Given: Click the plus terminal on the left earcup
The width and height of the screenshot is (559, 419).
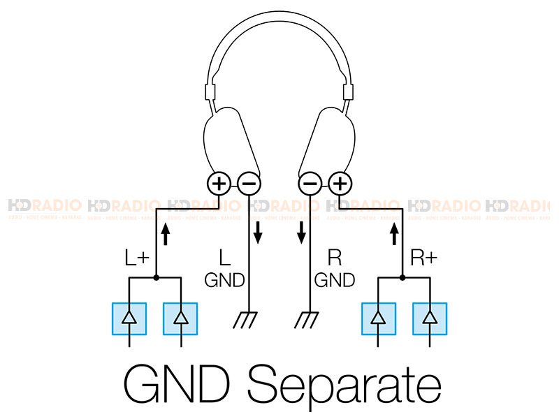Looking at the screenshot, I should click(219, 184).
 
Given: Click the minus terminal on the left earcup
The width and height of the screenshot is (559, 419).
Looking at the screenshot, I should click(249, 184).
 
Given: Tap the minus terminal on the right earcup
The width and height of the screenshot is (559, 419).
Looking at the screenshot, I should click(311, 184).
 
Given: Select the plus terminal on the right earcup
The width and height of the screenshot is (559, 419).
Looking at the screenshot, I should click(341, 184).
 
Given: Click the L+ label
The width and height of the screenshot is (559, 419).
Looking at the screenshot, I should click(136, 259).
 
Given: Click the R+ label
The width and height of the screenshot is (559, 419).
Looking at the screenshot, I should click(424, 259).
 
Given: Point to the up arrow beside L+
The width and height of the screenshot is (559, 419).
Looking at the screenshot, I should click(165, 233).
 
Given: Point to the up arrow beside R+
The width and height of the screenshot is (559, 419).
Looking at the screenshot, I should click(394, 233).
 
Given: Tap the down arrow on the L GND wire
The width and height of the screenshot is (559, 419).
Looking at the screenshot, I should click(258, 233).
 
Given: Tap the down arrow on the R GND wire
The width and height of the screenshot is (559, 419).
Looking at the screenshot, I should click(301, 233).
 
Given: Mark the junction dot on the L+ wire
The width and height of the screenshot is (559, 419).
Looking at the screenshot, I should click(155, 277).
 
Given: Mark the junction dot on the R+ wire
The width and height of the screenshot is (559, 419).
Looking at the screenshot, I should click(404, 277).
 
